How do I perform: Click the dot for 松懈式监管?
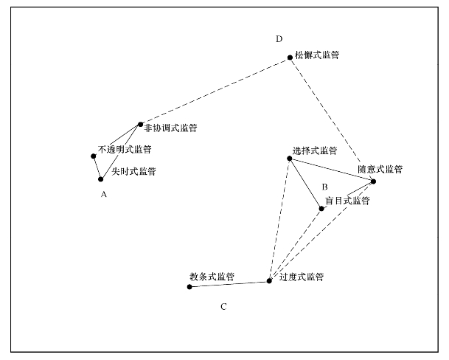click(290, 58)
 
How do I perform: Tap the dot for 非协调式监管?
click(140, 125)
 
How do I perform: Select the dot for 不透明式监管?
click(94, 156)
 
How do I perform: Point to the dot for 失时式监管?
click(100, 179)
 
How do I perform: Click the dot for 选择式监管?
click(290, 159)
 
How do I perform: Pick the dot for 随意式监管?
click(373, 181)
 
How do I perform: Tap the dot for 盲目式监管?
click(321, 209)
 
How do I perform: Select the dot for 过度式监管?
click(269, 281)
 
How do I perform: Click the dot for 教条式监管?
click(189, 287)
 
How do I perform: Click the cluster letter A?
click(104, 195)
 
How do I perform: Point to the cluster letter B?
click(324, 187)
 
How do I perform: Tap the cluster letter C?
click(223, 307)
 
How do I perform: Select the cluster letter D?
click(279, 39)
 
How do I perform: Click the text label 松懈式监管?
click(317, 55)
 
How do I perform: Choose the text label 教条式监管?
click(212, 277)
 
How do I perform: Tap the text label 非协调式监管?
click(170, 128)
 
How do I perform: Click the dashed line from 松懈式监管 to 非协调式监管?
click(215, 91)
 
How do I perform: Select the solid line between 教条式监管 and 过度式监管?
click(229, 284)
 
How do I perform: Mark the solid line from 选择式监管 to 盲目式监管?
click(305, 184)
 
